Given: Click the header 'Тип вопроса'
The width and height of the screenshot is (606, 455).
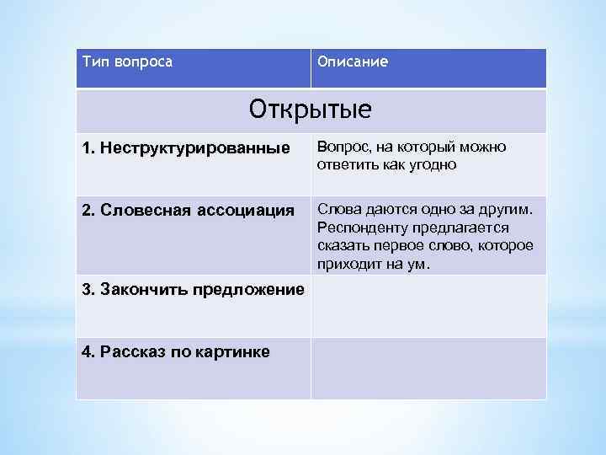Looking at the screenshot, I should click(128, 62).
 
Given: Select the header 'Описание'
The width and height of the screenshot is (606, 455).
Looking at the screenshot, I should click(353, 62).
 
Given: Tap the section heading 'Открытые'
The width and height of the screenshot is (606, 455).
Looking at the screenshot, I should click(311, 110).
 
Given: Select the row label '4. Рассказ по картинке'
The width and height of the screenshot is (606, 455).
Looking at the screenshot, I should click(176, 351).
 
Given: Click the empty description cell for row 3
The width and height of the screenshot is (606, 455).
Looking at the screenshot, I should click(428, 306).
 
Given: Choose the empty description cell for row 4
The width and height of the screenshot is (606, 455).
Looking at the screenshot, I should click(428, 368).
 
